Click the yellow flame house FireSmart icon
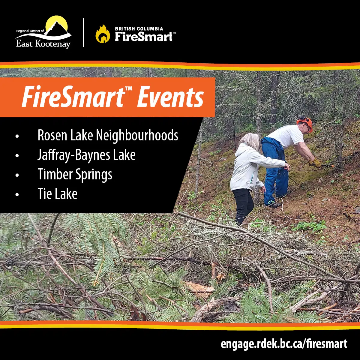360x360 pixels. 103,34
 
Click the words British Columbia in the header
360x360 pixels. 139,28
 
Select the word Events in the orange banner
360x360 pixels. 170,97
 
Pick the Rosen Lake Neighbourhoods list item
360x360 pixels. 108,136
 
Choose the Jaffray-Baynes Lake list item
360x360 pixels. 86,155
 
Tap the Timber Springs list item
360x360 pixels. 75,175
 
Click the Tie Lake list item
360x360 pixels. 57,194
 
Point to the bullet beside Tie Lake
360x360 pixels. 17,194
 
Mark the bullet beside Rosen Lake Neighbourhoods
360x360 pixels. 17,136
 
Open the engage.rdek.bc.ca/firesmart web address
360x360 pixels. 284,344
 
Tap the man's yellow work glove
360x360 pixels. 316,163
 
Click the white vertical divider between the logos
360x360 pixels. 83,32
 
